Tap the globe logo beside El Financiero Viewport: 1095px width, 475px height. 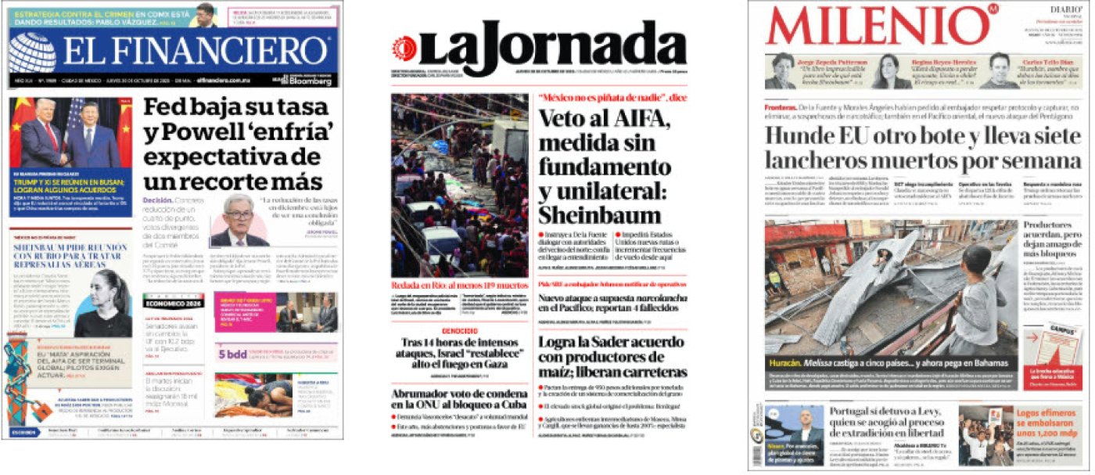32,53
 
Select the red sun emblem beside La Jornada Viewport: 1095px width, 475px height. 404,48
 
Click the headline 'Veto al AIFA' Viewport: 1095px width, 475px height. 604,167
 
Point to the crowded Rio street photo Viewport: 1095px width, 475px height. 460,185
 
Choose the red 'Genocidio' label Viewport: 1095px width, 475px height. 459,331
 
